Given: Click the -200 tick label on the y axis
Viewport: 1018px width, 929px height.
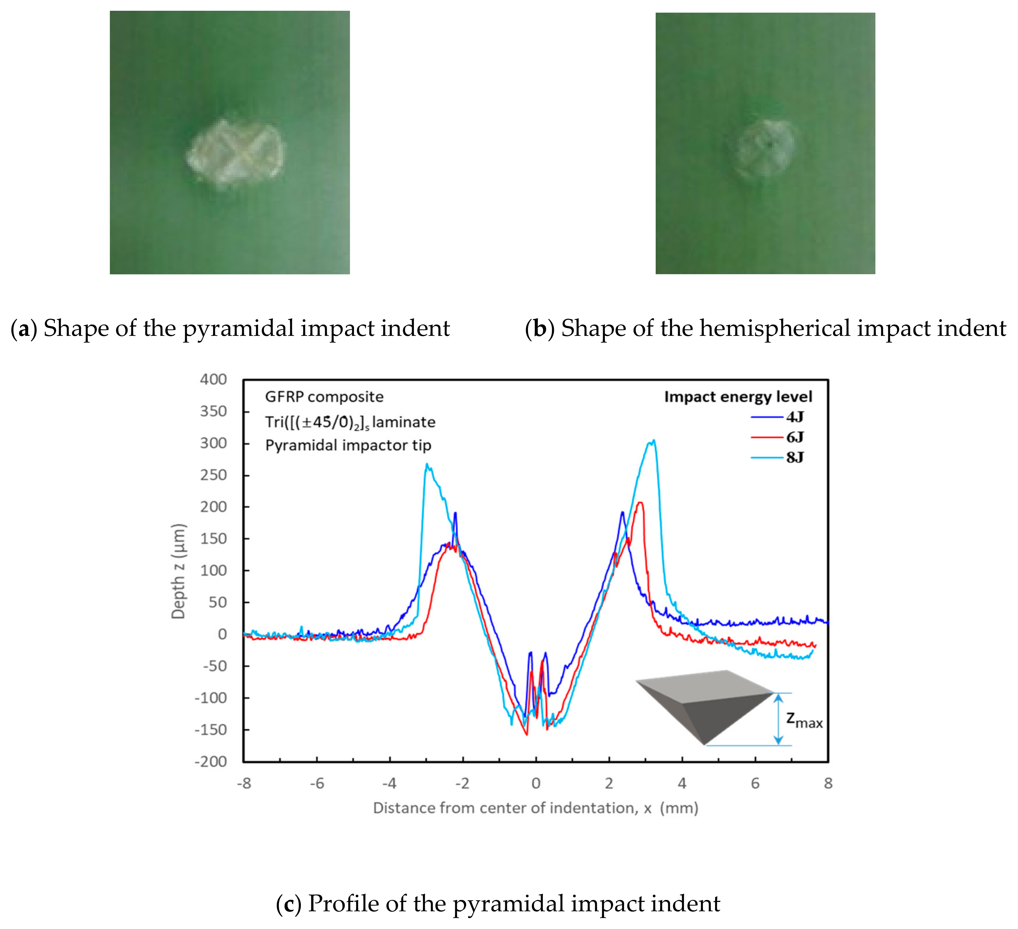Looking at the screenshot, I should [211, 762].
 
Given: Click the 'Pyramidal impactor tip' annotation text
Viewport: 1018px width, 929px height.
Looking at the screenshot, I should [348, 445].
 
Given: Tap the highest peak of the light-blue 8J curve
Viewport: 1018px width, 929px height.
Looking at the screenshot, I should [654, 441].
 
